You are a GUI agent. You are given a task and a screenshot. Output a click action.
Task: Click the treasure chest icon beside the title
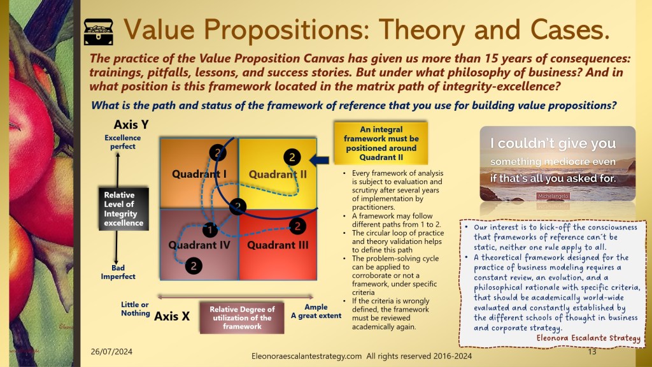click(99, 32)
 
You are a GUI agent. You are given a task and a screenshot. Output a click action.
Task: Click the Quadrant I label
click(199, 174)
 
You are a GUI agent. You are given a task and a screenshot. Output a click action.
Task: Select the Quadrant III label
click(278, 245)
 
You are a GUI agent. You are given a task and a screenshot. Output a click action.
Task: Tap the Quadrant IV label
click(199, 245)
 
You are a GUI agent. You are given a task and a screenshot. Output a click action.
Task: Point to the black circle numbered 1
click(210, 229)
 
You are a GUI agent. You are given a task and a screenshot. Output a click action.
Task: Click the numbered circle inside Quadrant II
click(292, 157)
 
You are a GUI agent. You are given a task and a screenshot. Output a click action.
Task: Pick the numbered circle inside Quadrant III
click(297, 226)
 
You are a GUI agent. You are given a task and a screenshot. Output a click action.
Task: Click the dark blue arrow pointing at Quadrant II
click(320, 160)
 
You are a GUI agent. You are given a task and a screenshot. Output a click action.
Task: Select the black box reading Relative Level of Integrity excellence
click(124, 209)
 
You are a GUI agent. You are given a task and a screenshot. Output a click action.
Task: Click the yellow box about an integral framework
click(381, 143)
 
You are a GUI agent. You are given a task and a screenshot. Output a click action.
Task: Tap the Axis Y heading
click(131, 124)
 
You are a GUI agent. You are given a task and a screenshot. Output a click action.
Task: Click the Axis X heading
click(172, 316)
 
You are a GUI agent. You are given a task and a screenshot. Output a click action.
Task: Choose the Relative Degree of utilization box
click(242, 318)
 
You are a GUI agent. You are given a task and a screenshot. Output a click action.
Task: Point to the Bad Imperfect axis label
click(118, 272)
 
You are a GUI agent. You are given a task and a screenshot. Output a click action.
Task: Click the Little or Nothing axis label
click(135, 309)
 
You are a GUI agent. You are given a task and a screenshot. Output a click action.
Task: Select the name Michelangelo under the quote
click(553, 196)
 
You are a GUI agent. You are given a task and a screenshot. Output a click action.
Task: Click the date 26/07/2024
click(111, 352)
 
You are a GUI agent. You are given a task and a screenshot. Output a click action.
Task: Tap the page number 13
click(592, 352)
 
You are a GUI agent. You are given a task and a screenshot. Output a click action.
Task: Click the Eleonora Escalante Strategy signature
click(588, 338)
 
